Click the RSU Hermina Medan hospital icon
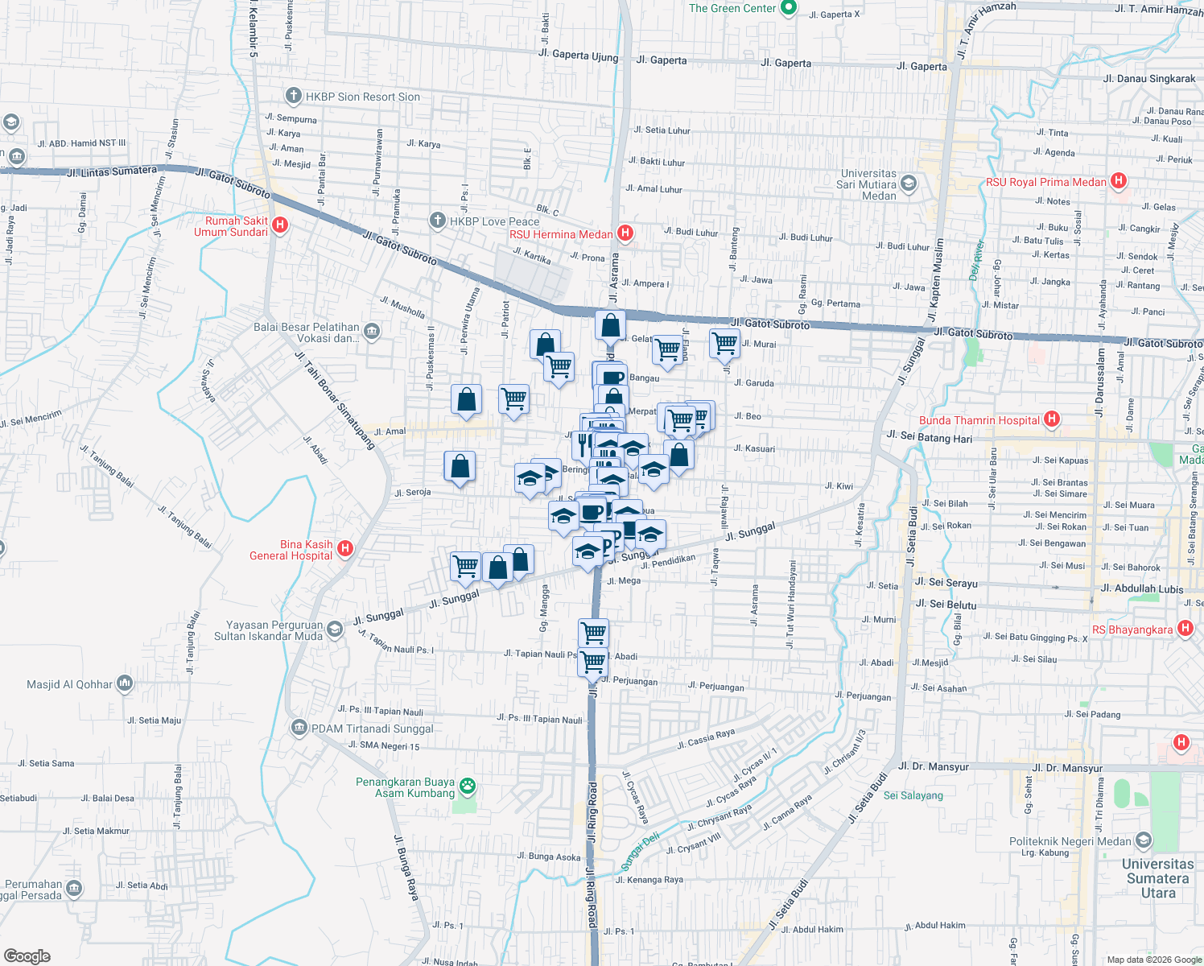[625, 233]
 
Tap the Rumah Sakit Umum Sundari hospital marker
[280, 225]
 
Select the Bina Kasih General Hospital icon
[345, 549]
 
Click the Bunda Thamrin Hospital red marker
[1051, 419]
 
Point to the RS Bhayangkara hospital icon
[1185, 629]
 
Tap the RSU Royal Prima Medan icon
[1118, 181]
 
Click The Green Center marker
[789, 8]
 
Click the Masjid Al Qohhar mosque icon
[124, 684]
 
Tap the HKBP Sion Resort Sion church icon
[294, 96]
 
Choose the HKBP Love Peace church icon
[437, 220]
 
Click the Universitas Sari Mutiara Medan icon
[909, 183]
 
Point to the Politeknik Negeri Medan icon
[1143, 841]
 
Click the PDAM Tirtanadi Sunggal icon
[299, 729]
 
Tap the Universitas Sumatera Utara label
[1157, 878]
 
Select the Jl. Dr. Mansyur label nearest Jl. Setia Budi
[934, 766]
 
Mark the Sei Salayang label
[913, 795]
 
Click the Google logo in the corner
[27, 956]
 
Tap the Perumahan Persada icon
[74, 888]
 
